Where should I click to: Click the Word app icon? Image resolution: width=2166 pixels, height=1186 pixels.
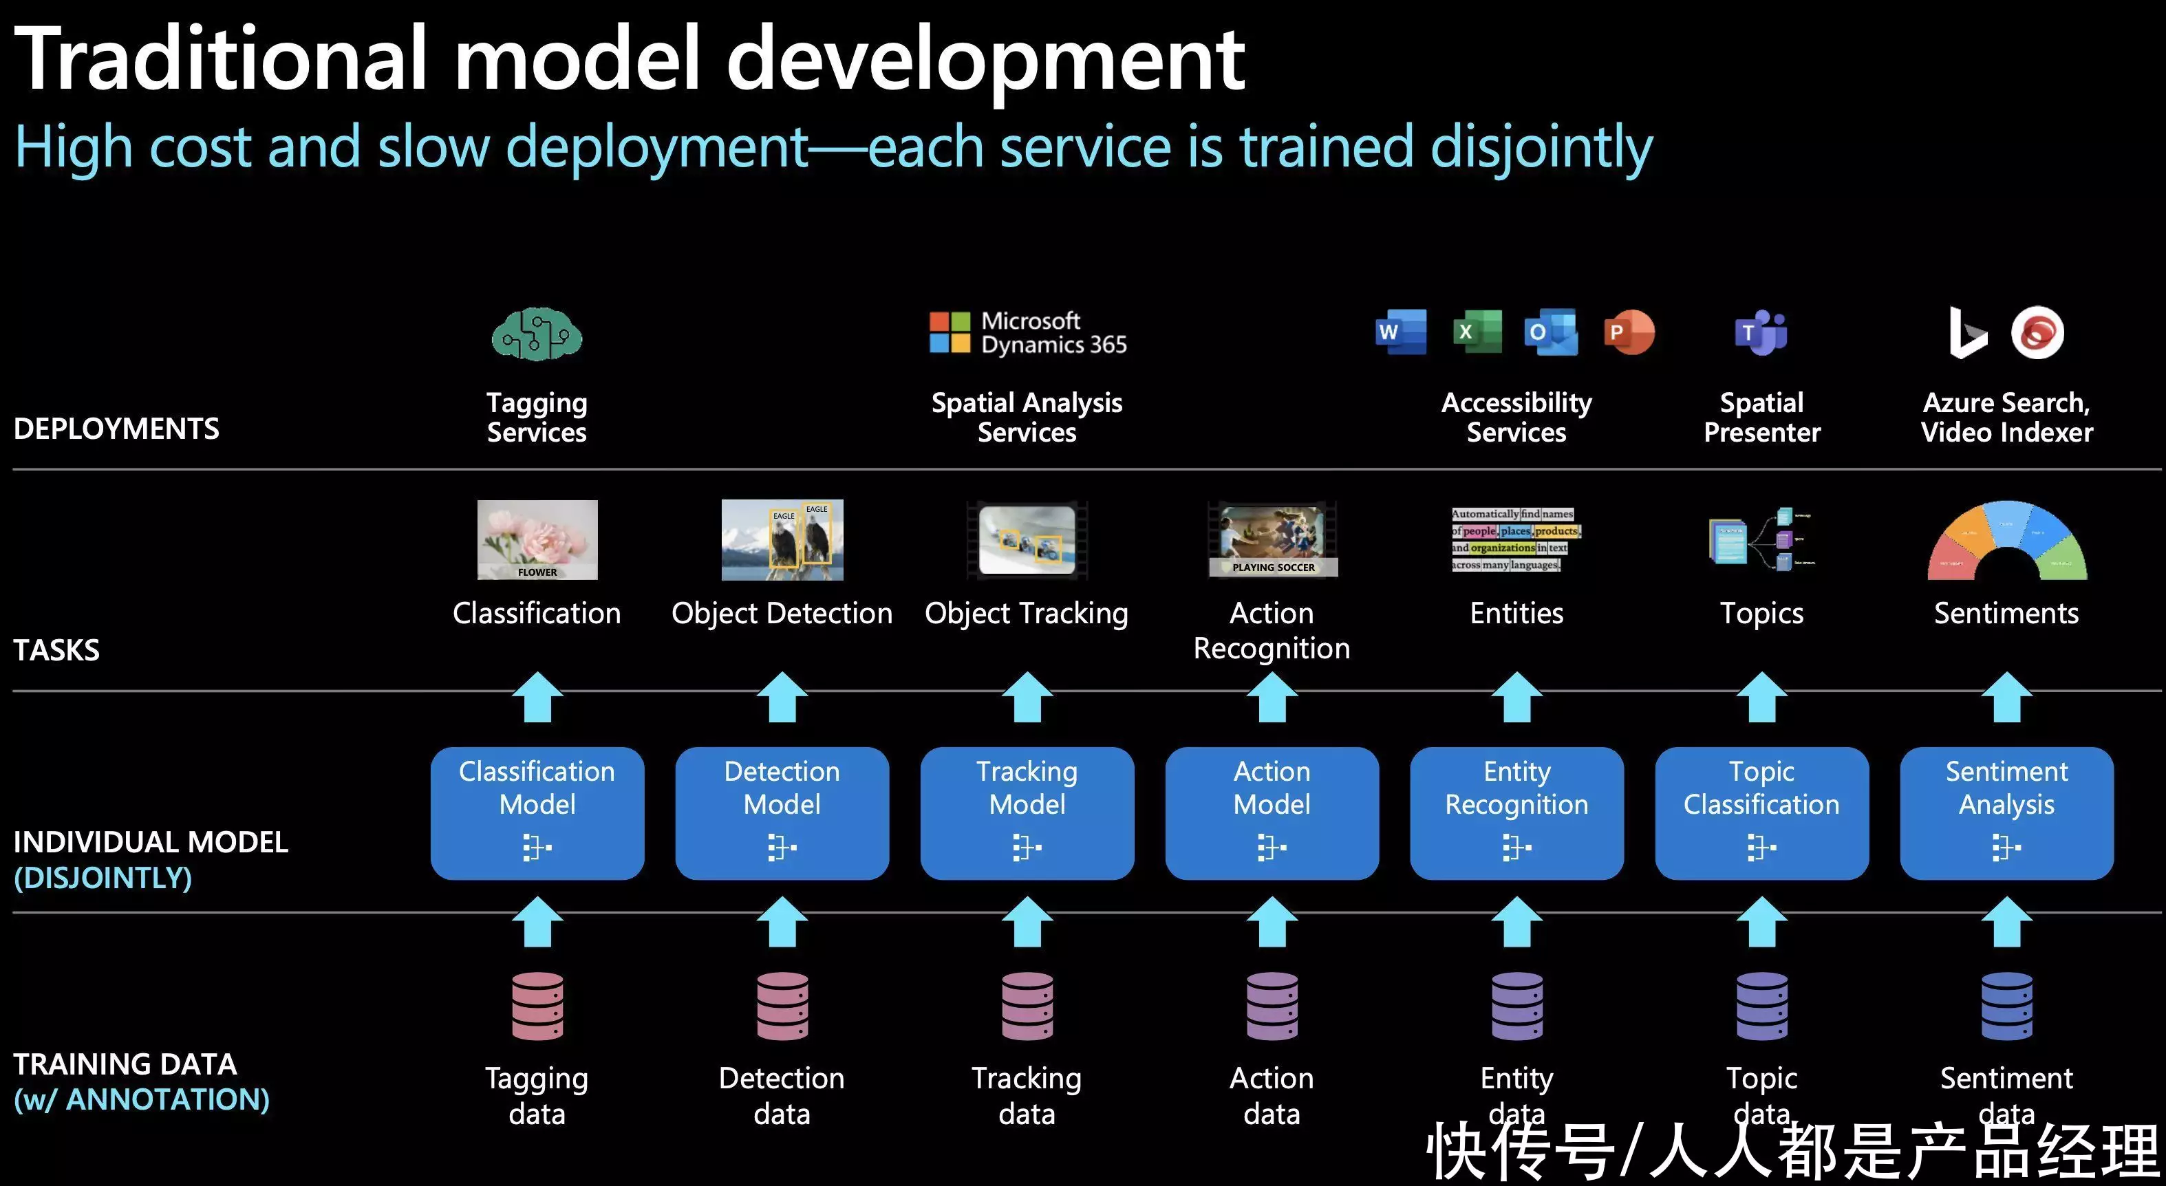point(1400,332)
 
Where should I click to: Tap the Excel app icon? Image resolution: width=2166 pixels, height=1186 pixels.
point(1477,332)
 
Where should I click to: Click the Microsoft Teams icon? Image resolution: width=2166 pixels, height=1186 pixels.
point(1761,333)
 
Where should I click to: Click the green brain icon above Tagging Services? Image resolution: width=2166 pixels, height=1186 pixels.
point(537,334)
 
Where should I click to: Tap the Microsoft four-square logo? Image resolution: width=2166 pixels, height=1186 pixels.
point(950,332)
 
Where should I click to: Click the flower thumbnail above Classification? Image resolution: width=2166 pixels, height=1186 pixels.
point(537,539)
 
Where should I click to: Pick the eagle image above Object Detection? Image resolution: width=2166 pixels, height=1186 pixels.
point(782,539)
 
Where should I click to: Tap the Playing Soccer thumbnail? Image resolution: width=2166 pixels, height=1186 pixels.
point(1272,539)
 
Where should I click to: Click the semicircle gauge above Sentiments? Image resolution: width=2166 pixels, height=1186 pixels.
point(2006,542)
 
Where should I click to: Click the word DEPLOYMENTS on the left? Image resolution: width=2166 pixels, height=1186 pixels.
point(116,429)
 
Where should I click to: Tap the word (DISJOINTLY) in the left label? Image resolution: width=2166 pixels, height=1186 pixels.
point(103,878)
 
